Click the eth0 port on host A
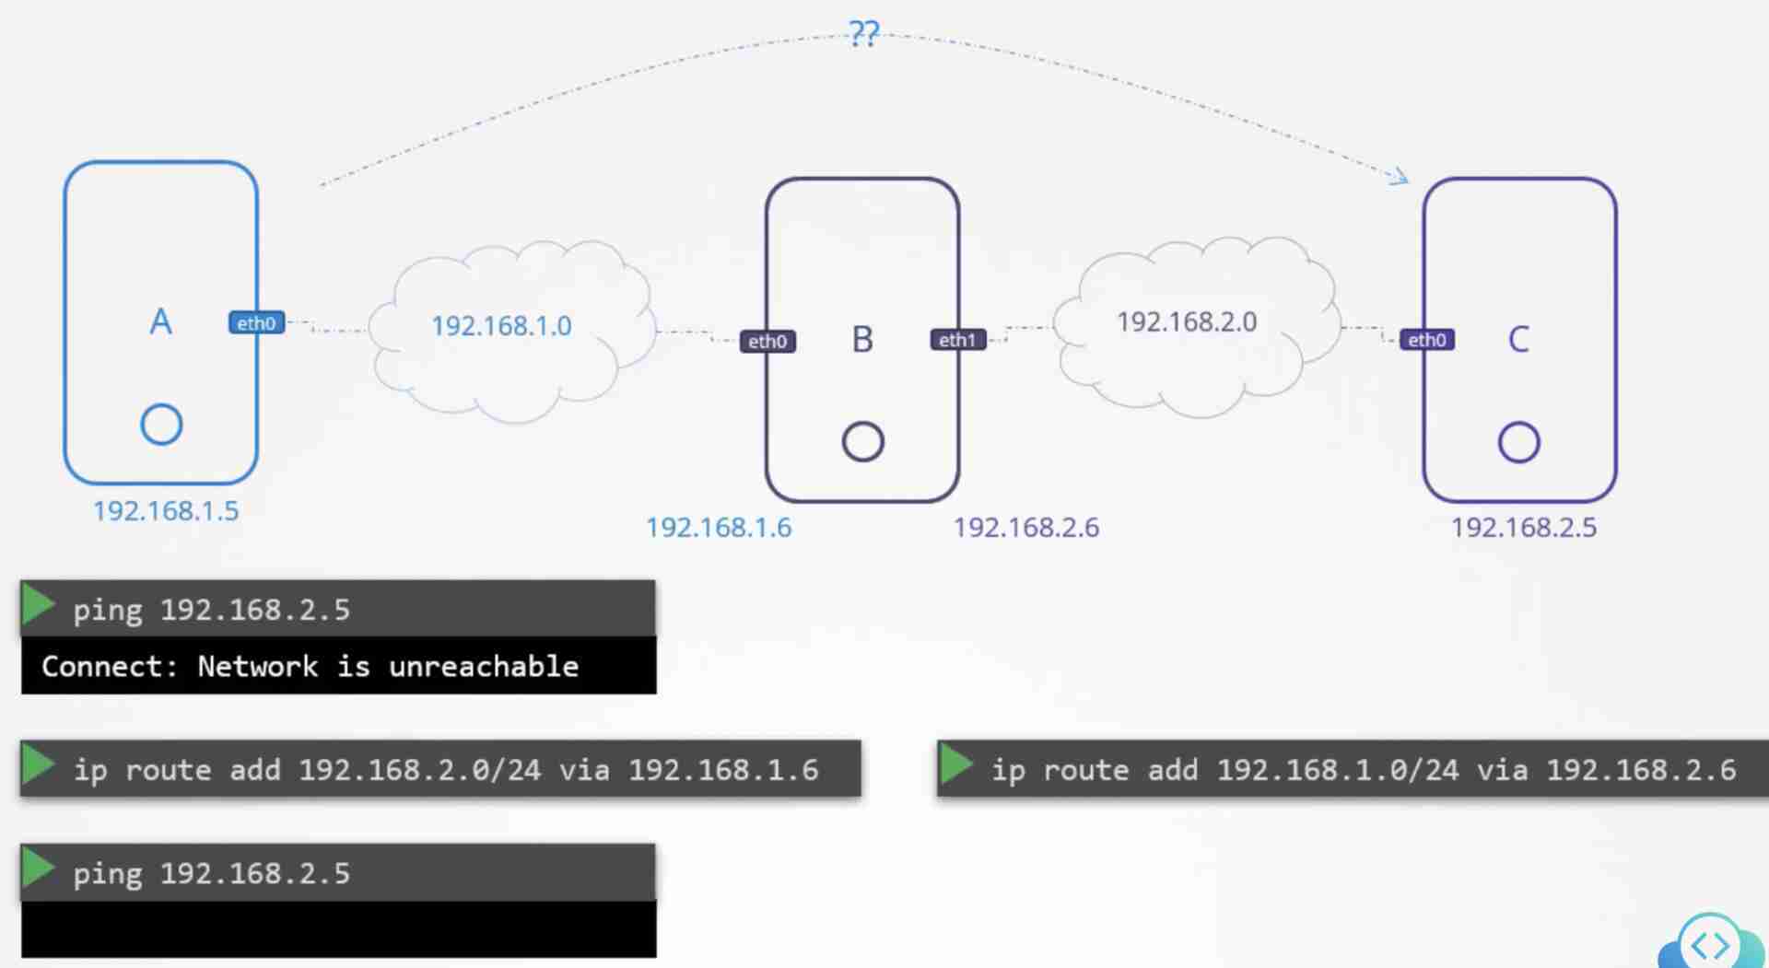(256, 323)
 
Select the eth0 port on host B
(767, 342)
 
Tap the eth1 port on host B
(957, 340)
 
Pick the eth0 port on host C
(1426, 340)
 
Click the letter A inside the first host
(160, 322)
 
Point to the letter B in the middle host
(862, 340)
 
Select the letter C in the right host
(1518, 340)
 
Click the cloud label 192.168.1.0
(501, 326)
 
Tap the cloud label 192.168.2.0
(1187, 322)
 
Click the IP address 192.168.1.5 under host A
(166, 511)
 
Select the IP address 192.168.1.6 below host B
(719, 528)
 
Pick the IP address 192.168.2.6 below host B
(1025, 528)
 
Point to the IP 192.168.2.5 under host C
(1524, 528)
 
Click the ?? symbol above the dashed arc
(864, 34)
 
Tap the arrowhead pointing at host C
(1400, 176)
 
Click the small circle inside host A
(161, 425)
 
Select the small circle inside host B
(862, 441)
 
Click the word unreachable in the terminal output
(484, 666)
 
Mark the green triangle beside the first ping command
(38, 606)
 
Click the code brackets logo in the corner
(1710, 945)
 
